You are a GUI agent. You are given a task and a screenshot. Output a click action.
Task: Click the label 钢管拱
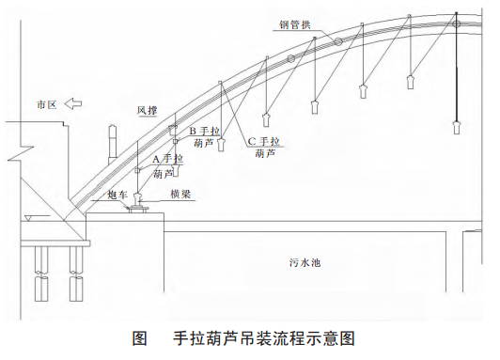point(295,24)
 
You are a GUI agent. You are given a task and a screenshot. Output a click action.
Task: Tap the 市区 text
point(47,104)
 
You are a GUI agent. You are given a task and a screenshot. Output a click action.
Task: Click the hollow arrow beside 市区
point(72,103)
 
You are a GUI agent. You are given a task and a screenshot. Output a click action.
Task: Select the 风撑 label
point(147,110)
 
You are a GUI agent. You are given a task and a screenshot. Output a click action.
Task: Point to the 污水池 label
point(305,263)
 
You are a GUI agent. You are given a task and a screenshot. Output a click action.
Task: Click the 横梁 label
point(180,195)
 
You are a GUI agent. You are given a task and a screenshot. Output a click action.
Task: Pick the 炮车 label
point(117,195)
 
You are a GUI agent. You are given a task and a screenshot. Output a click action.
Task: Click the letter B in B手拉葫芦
point(193,131)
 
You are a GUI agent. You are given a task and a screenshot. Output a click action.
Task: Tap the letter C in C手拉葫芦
point(252,141)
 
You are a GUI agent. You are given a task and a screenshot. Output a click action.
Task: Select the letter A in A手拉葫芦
point(156,159)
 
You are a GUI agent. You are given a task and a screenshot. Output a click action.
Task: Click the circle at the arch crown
point(457,23)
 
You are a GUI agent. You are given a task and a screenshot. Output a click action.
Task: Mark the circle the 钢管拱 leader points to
point(338,41)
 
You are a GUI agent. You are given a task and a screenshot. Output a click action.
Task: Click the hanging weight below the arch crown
point(457,127)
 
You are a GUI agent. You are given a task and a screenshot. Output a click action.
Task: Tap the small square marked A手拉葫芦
point(137,170)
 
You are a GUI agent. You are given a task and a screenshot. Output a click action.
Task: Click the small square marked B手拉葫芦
point(176,141)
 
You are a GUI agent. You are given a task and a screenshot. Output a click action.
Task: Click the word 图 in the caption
point(140,338)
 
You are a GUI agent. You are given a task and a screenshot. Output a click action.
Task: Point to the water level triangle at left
point(28,218)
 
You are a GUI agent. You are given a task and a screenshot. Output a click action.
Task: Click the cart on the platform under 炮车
point(138,209)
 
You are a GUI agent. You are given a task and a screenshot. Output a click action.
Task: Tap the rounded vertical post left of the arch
point(112,141)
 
